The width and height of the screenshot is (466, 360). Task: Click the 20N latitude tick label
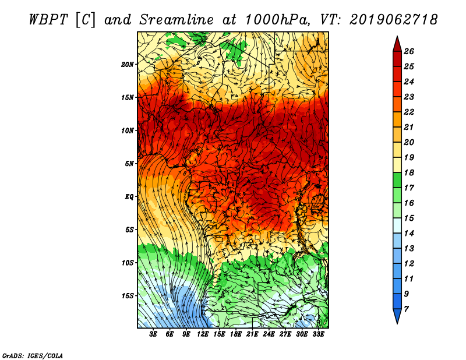click(x=128, y=65)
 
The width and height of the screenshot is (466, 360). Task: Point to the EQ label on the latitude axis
click(x=129, y=197)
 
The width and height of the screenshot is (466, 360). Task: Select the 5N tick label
click(x=129, y=164)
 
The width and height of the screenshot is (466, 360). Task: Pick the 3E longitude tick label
click(x=153, y=334)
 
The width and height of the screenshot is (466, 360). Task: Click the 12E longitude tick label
click(x=203, y=334)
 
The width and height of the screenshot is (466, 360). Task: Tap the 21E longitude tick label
click(x=252, y=334)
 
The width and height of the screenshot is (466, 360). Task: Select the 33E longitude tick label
click(x=318, y=334)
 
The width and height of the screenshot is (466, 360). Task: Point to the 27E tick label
click(x=285, y=334)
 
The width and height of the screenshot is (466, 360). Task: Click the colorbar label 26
click(x=409, y=51)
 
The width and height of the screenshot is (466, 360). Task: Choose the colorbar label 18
click(x=409, y=172)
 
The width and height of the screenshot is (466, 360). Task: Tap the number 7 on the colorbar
click(x=406, y=309)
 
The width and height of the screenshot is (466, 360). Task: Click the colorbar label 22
click(x=409, y=112)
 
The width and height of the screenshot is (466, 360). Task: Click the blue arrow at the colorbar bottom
click(x=397, y=316)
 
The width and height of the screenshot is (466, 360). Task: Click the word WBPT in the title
click(x=49, y=20)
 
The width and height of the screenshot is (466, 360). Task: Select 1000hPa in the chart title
click(x=277, y=20)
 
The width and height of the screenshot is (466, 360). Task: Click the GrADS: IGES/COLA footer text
click(x=33, y=356)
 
